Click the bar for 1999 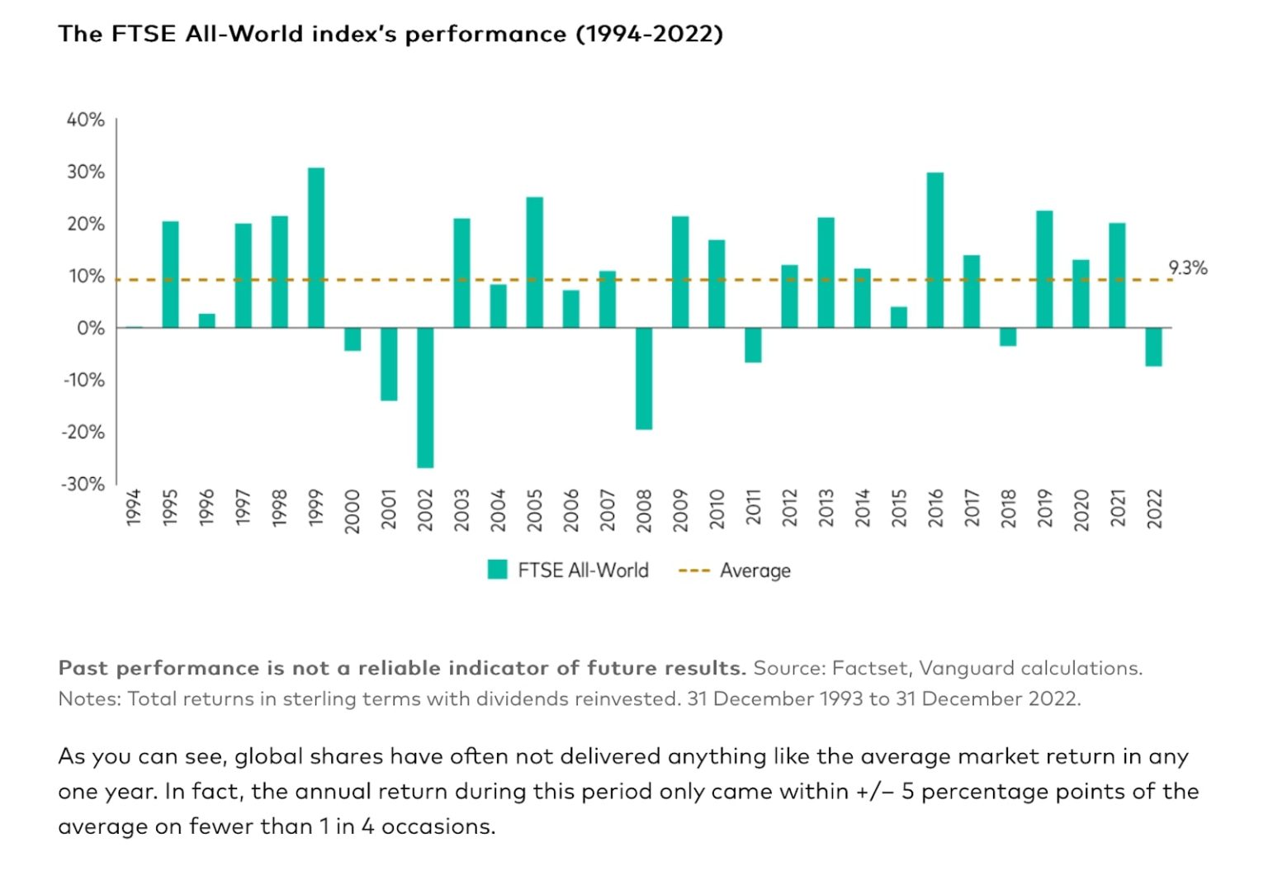pyautogui.click(x=316, y=248)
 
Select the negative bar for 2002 pyautogui.click(x=425, y=397)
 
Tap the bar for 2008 pyautogui.click(x=644, y=378)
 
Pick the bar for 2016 pyautogui.click(x=935, y=250)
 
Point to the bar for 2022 pyautogui.click(x=1153, y=347)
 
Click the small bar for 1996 pyautogui.click(x=207, y=320)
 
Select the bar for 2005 pyautogui.click(x=535, y=263)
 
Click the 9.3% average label pyautogui.click(x=1187, y=267)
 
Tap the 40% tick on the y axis pyautogui.click(x=86, y=120)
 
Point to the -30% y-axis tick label pyautogui.click(x=83, y=484)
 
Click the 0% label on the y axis pyautogui.click(x=91, y=328)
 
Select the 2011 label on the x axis pyautogui.click(x=753, y=507)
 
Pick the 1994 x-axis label pyautogui.click(x=134, y=507)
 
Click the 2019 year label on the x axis pyautogui.click(x=1044, y=507)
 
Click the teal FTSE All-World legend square pyautogui.click(x=498, y=570)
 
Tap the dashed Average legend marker pyautogui.click(x=693, y=570)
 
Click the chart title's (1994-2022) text pyautogui.click(x=649, y=34)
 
